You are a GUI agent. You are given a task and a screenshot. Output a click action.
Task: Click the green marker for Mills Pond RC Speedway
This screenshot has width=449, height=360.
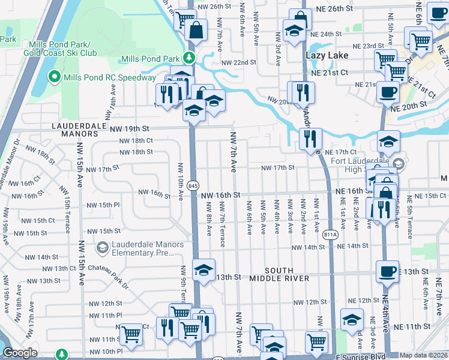(55, 77)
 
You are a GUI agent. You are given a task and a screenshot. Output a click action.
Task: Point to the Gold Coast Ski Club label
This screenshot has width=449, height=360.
(57, 53)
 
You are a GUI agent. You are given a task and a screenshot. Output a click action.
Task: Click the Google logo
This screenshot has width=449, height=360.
(20, 353)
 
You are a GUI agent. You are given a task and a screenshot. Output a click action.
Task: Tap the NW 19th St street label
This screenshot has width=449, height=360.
(128, 128)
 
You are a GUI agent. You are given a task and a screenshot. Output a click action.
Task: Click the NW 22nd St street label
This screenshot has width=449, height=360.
(238, 63)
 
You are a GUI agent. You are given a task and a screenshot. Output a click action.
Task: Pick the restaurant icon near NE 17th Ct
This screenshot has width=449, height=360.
(311, 137)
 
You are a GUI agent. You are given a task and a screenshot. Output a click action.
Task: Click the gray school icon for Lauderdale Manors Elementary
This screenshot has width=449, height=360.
(102, 247)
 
